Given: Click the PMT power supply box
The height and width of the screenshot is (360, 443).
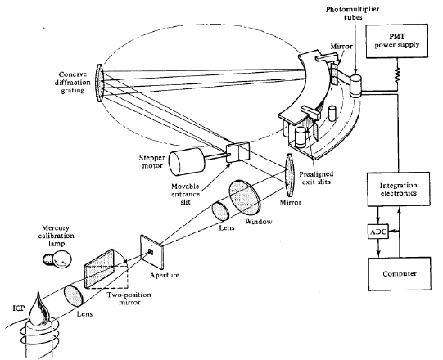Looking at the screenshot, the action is [396, 41].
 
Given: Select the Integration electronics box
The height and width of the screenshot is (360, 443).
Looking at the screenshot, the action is [399, 189].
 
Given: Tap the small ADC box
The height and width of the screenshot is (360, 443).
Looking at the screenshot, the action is [378, 232].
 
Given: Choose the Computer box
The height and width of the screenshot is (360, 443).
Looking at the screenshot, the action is [400, 273].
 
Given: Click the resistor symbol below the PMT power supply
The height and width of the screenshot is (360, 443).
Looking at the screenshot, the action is [397, 74].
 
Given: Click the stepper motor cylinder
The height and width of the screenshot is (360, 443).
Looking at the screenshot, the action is [187, 162].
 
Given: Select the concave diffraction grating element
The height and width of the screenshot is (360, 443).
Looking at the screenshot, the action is [100, 83].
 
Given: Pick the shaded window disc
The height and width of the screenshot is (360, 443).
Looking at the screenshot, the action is [245, 196].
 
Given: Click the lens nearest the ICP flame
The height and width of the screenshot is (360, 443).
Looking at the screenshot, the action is [74, 296].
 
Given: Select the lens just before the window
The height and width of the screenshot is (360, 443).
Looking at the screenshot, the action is [221, 211].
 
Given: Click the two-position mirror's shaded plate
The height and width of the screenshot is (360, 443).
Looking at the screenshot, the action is [99, 268].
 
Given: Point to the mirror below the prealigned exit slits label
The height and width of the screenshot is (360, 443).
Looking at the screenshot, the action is [290, 175].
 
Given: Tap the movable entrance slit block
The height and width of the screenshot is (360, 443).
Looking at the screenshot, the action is [238, 152].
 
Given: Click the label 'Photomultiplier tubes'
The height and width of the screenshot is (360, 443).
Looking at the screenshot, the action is [352, 13].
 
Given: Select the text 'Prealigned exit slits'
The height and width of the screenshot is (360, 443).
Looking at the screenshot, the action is [316, 178].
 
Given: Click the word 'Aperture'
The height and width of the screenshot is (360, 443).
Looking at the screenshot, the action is [165, 275].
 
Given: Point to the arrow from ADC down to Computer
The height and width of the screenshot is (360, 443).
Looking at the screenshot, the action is [378, 248].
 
